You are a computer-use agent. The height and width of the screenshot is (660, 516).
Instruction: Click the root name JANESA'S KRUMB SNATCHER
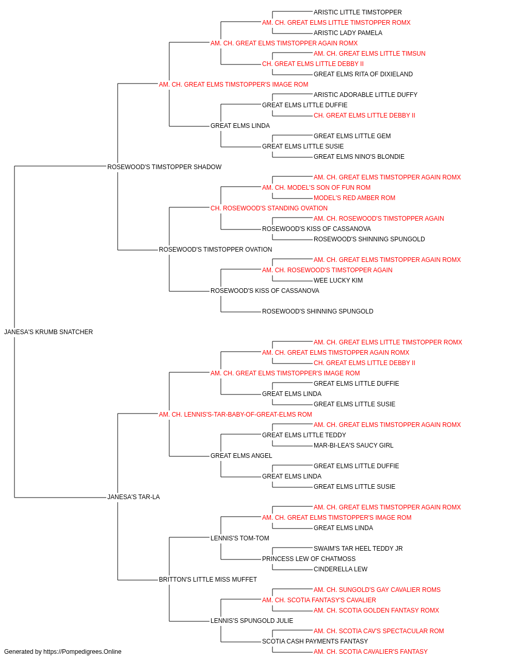pos(49,332)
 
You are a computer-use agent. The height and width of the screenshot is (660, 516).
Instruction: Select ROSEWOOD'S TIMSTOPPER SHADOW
pos(165,167)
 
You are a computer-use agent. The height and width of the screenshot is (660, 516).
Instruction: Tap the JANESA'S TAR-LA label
pos(134,497)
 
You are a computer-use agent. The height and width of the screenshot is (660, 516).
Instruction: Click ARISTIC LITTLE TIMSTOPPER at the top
pos(358,12)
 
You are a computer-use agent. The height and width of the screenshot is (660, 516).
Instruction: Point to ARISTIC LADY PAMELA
pos(348,33)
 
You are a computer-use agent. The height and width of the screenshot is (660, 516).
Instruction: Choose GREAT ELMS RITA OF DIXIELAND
pos(363,74)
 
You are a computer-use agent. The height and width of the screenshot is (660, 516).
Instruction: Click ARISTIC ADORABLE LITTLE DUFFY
pos(365,95)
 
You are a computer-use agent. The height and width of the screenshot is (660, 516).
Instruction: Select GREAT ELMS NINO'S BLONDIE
pos(359,157)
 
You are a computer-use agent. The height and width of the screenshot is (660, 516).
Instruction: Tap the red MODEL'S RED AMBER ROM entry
pos(354,198)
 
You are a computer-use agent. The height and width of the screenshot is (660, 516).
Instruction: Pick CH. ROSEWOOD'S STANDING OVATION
pos(269,208)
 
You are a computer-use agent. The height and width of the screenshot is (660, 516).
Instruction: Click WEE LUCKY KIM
pos(338,280)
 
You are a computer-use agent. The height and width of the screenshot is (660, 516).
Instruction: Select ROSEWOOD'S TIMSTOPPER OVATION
pos(216,250)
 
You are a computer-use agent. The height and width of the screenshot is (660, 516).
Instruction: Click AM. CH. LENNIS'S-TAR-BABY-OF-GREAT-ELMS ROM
pos(235,415)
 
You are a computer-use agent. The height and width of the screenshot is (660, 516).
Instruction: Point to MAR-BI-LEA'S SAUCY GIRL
pos(353,445)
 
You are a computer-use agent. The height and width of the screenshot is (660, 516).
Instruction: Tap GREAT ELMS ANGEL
pos(241,456)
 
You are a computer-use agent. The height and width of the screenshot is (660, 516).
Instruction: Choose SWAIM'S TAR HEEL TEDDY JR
pos(358,549)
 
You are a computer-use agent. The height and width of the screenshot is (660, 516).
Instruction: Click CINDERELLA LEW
pos(341,569)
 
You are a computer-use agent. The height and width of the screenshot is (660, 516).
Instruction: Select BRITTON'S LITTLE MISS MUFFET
pos(208,580)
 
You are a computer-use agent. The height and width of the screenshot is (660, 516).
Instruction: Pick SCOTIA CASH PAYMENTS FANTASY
pos(315,641)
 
